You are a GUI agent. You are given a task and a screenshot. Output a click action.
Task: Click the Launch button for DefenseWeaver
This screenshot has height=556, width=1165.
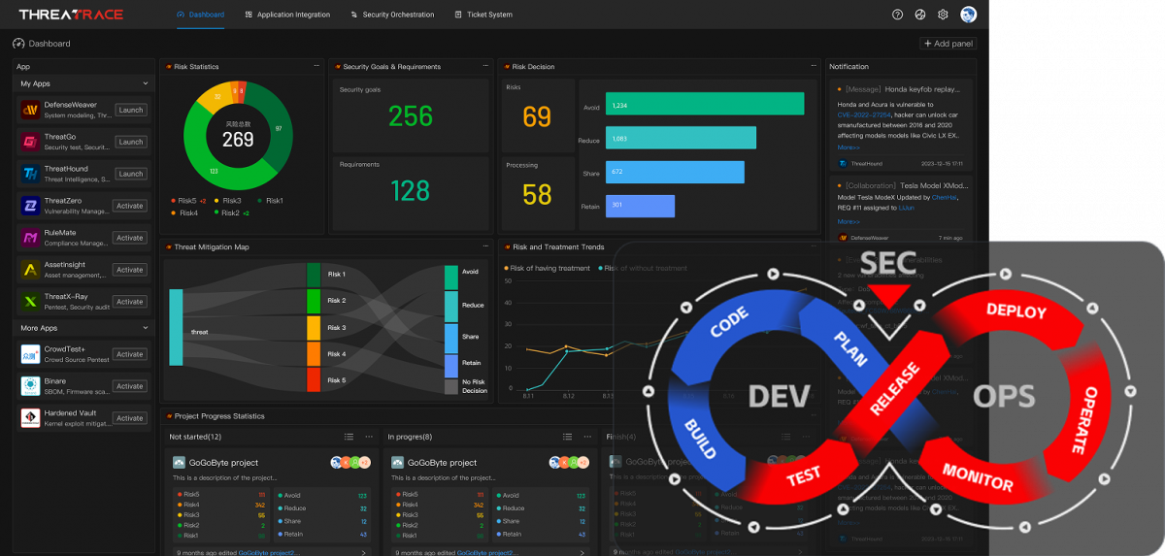tap(130, 110)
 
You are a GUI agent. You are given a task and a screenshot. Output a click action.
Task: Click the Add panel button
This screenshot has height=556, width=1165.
tap(948, 44)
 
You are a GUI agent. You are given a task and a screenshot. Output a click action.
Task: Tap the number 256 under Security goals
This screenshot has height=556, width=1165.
tap(411, 116)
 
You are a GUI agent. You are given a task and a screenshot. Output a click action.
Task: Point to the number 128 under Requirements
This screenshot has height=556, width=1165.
tap(411, 190)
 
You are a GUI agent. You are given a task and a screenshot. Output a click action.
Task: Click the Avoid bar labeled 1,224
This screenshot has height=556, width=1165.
tap(705, 105)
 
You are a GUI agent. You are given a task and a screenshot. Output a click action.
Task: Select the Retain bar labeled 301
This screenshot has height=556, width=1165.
tap(640, 206)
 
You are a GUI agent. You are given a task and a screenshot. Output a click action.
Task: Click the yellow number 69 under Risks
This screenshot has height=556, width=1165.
tap(537, 117)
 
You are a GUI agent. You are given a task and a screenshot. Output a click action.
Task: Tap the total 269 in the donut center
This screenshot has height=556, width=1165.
tap(238, 140)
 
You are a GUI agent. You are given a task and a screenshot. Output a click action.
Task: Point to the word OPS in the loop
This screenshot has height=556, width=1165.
tap(1004, 396)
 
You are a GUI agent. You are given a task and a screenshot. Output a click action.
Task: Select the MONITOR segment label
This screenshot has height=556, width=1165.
tap(978, 476)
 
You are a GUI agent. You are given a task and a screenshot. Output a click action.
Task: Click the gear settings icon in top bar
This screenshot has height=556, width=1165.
tap(943, 15)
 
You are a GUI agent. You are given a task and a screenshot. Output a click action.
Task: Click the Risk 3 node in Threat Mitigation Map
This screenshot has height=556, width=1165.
tap(314, 328)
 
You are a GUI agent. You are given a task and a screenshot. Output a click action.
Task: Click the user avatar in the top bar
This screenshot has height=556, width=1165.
tap(968, 15)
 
